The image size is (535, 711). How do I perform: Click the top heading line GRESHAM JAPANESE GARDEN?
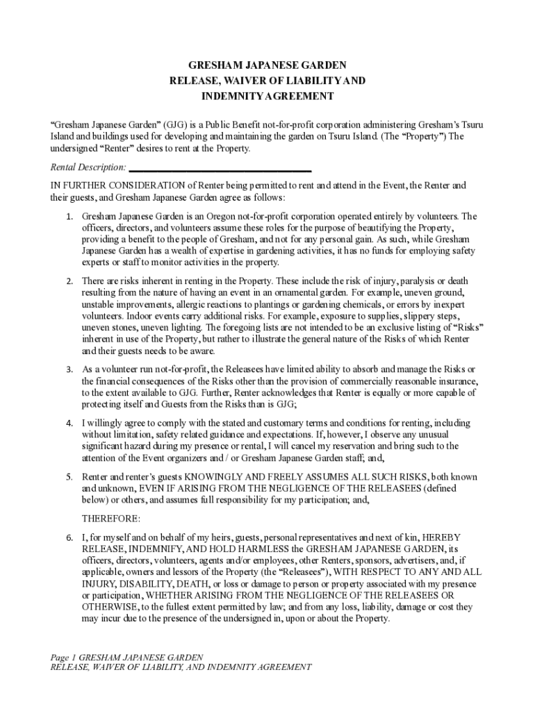click(267, 65)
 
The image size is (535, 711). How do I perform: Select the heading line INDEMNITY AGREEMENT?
click(267, 96)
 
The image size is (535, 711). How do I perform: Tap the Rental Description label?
click(88, 167)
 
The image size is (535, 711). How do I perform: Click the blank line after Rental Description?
click(220, 169)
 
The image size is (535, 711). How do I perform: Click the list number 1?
click(69, 217)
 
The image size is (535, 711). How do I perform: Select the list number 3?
click(69, 369)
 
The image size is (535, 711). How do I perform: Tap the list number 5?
click(69, 478)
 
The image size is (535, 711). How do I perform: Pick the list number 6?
click(69, 538)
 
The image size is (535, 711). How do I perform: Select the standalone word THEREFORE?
click(111, 519)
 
